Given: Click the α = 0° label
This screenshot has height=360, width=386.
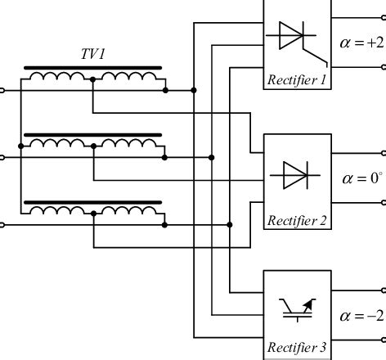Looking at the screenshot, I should (361, 178).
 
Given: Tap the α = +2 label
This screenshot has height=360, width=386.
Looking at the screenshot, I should (361, 43).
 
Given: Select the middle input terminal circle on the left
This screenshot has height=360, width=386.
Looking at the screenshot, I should (2, 156).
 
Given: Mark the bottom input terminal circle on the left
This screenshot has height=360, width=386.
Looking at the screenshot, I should (2, 223).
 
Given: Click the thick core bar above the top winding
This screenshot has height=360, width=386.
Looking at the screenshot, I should (92, 67).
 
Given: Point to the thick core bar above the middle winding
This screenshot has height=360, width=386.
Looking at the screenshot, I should (92, 133).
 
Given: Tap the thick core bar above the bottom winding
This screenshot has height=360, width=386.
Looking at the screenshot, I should (92, 200).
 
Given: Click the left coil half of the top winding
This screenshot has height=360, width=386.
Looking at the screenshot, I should (57, 78).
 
